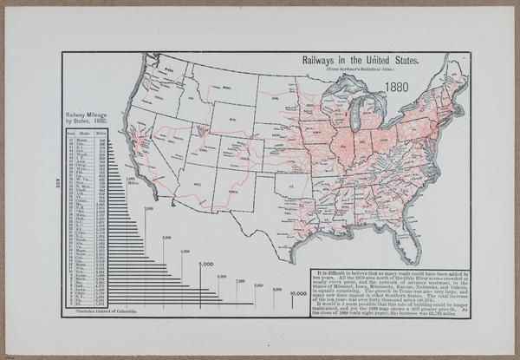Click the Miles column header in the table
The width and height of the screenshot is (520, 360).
101,134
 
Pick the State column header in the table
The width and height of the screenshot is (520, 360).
84,134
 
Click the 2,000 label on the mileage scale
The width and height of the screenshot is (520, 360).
148,209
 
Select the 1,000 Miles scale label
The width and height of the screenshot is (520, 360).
132,182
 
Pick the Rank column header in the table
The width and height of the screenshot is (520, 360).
69,134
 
